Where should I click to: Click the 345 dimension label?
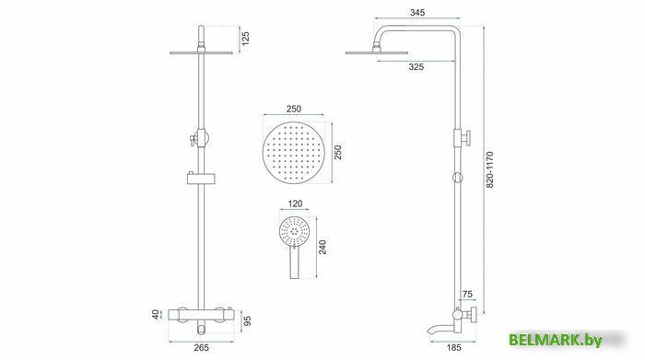(417, 12)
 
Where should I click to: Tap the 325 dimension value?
(416, 67)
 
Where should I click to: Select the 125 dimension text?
(246, 39)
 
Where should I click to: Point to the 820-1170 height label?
(489, 169)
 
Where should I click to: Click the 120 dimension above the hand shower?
(295, 203)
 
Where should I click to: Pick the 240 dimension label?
(322, 248)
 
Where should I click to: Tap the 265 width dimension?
(201, 348)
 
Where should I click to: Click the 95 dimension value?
(247, 321)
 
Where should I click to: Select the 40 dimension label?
(156, 315)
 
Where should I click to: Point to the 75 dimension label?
(467, 295)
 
